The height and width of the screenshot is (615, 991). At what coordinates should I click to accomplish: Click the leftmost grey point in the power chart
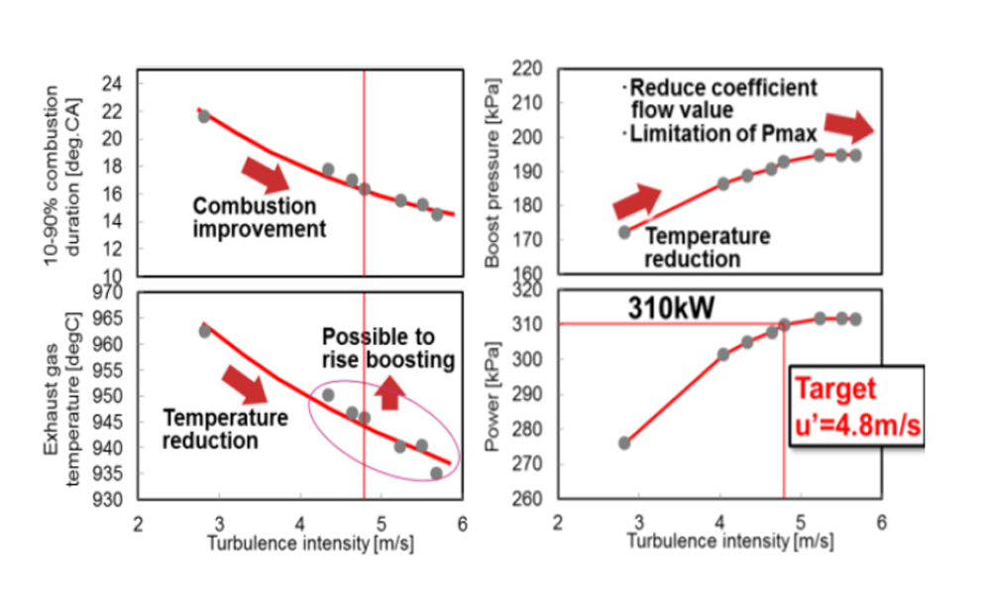tap(624, 442)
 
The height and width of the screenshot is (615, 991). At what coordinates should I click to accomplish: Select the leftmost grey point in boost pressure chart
tap(624, 232)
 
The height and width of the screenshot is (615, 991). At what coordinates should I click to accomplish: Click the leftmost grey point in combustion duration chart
tap(204, 116)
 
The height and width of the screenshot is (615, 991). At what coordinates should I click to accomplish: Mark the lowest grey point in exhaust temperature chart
tap(436, 473)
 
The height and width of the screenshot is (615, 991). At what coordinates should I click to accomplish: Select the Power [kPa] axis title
tap(493, 394)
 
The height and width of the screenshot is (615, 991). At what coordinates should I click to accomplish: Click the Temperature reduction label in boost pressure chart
tap(707, 248)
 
